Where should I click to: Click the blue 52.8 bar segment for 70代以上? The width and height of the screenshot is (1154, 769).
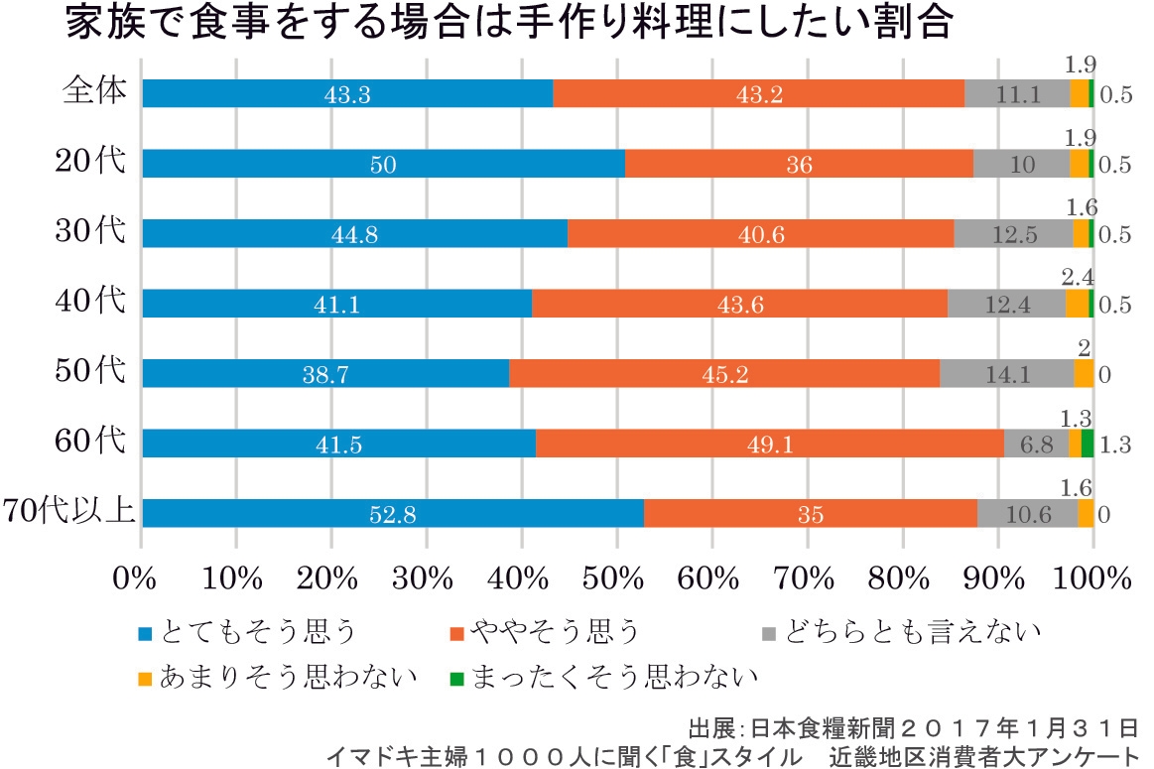pos(392,513)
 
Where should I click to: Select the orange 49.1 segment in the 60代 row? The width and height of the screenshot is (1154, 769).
pos(769,444)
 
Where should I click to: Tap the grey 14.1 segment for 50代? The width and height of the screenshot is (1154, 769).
pos(1006,373)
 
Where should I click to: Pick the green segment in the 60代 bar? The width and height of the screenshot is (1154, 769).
pos(1088,444)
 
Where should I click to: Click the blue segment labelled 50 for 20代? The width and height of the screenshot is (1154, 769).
pos(383,164)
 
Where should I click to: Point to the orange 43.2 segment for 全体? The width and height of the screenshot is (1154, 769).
pos(758,93)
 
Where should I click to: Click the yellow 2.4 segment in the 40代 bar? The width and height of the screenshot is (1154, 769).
pos(1077,303)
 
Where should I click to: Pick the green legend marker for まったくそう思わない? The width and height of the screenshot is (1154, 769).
pos(455,678)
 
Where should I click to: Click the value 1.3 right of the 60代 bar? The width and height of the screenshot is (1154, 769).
pos(1116,446)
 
